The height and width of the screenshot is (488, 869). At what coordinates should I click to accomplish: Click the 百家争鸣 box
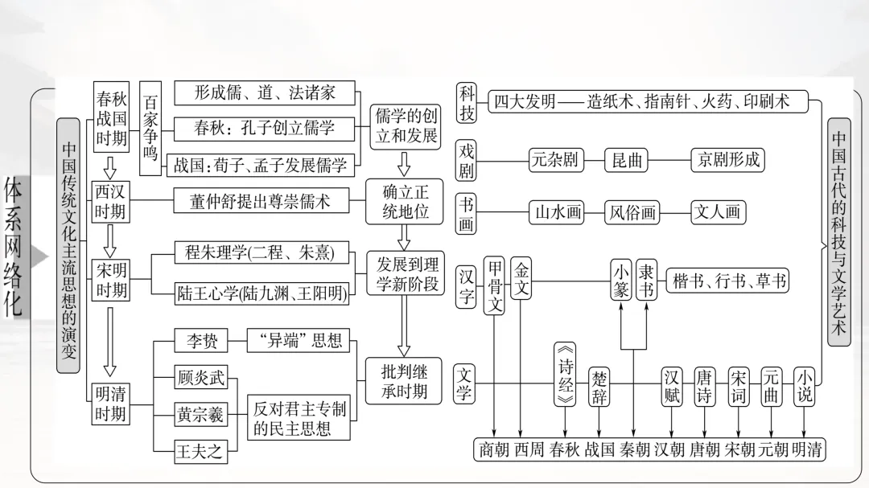(x=150, y=128)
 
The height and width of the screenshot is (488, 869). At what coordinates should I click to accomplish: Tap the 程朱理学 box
(x=254, y=252)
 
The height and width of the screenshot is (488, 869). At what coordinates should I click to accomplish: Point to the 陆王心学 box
(x=262, y=293)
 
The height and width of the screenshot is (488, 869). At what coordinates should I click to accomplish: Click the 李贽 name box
(x=197, y=342)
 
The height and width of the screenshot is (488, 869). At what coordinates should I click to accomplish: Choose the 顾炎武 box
(x=201, y=377)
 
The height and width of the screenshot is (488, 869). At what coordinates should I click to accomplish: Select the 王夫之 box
(x=200, y=451)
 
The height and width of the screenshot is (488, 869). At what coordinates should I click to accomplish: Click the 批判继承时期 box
(x=405, y=382)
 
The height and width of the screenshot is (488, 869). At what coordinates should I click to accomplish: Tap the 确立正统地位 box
(x=405, y=201)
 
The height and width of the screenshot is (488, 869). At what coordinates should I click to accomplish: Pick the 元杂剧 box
(x=554, y=159)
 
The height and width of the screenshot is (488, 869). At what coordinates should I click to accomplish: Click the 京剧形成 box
(x=727, y=159)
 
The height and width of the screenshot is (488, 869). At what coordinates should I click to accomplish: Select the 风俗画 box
(x=632, y=212)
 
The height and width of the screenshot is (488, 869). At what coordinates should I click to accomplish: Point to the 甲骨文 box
(x=496, y=286)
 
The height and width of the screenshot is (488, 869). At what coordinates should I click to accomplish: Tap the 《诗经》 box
(x=565, y=374)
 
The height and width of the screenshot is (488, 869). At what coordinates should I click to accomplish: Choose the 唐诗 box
(x=705, y=386)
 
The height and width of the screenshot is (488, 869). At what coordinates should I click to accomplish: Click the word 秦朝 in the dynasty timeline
(x=634, y=449)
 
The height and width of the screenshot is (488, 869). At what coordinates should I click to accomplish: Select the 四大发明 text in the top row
(x=525, y=101)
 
